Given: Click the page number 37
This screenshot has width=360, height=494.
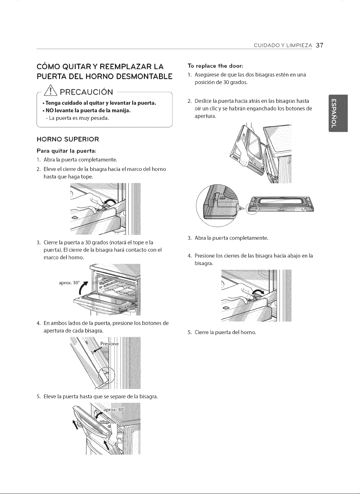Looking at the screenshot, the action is (319, 45).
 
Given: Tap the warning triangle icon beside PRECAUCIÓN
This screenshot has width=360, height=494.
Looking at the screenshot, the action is (51, 91).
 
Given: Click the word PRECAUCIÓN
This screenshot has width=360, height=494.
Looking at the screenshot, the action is (86, 92).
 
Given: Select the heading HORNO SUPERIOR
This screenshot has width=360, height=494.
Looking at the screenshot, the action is (68, 139).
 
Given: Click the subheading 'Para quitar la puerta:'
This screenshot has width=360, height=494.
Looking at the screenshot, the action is (67, 151).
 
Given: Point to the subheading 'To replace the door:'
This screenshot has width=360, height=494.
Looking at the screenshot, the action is (215, 66).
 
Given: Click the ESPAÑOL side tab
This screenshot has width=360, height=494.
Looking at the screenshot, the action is (338, 113).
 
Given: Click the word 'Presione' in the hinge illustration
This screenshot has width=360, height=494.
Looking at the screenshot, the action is (110, 344).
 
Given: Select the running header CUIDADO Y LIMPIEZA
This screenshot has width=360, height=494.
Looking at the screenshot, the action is (283, 45).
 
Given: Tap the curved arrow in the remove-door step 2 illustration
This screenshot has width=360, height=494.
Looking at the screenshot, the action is (110, 202).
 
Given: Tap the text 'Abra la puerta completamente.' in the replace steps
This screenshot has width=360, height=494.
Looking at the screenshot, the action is (231, 238).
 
